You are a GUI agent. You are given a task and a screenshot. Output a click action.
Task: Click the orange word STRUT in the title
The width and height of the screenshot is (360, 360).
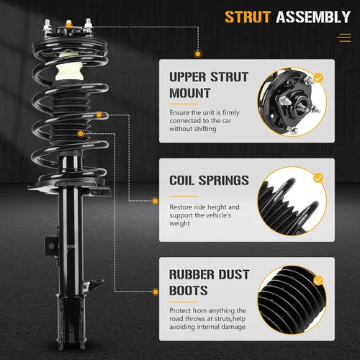coord(248,17)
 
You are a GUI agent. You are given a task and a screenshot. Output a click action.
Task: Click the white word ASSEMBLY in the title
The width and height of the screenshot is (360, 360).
coord(313,17)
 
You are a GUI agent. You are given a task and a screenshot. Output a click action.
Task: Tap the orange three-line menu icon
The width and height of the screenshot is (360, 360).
coord(344,37)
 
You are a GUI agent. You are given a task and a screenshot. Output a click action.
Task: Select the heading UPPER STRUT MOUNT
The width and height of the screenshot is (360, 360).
coord(209,85)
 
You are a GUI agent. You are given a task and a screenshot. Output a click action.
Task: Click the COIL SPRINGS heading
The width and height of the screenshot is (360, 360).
coord(209,180)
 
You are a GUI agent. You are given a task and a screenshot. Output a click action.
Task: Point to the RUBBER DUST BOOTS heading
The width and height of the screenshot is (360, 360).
coord(210,282)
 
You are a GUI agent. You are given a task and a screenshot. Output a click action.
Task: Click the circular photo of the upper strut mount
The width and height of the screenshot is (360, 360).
coord(292,102)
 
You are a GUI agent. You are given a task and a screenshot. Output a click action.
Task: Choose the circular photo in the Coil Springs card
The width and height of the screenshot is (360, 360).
coord(292,201)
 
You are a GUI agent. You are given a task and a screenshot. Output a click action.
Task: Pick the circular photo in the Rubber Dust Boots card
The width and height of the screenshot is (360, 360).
coord(292,300)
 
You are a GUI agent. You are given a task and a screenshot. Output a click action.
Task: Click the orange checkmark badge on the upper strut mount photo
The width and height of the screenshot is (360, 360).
coord(318,78)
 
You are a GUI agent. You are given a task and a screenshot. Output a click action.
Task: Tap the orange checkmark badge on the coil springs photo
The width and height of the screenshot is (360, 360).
coord(318,178)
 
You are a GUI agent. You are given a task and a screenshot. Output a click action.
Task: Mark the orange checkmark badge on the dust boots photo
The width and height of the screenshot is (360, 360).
coord(318,281)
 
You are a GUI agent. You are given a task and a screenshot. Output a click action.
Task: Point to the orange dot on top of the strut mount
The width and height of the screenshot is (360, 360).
coord(69,24)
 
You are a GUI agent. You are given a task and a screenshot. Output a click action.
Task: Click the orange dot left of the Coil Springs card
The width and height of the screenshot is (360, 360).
coord(156,201)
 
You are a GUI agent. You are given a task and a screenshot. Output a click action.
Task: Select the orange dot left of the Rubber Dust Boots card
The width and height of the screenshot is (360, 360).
coord(156,292)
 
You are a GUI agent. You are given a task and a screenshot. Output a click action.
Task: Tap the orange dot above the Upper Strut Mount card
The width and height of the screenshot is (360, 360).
coord(198,54)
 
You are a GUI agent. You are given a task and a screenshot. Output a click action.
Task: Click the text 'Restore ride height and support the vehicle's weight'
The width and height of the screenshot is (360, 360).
coord(204,215)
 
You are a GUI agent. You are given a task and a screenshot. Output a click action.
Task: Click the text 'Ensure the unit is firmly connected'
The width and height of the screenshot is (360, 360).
coord(204,117)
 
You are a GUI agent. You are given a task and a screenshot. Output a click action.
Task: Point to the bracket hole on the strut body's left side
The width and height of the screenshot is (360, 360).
coord(51,246)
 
